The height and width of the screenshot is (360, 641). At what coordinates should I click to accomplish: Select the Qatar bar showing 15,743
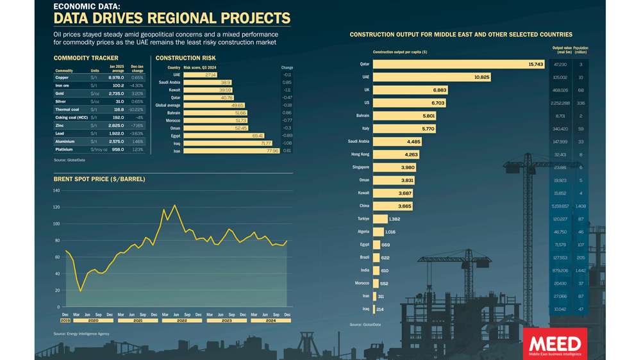pyautogui.click(x=459, y=64)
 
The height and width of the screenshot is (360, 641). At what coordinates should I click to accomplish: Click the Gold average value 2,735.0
pyautogui.click(x=116, y=94)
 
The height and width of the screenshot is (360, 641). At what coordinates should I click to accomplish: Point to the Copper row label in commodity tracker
pyautogui.click(x=62, y=78)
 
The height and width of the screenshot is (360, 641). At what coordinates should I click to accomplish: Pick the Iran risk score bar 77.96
pyautogui.click(x=232, y=151)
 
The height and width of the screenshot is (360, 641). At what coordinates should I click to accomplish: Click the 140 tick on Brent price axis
pyautogui.click(x=56, y=191)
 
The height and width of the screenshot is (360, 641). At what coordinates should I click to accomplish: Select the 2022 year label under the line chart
pyautogui.click(x=181, y=320)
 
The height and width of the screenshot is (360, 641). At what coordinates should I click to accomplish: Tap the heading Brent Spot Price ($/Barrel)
pyautogui.click(x=99, y=179)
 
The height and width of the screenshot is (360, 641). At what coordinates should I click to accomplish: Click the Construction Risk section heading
pyautogui.click(x=186, y=58)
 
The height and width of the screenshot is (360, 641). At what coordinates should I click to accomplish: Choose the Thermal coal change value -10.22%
pyautogui.click(x=137, y=110)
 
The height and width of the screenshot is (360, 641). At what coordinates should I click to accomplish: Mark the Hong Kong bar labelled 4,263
pyautogui.click(x=396, y=154)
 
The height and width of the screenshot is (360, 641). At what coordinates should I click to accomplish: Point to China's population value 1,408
pyautogui.click(x=581, y=206)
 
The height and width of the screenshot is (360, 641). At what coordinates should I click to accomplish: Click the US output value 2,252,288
pyautogui.click(x=560, y=102)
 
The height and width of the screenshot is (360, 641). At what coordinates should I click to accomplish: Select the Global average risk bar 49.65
pyautogui.click(x=215, y=105)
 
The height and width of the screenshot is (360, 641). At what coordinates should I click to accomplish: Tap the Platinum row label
pyautogui.click(x=64, y=149)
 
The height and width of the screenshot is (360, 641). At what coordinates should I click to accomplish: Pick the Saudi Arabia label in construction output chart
pyautogui.click(x=358, y=142)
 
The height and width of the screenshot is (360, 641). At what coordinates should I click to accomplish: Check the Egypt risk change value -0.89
pyautogui.click(x=287, y=136)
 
